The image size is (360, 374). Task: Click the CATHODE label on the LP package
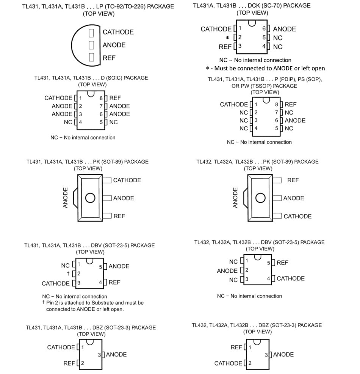pyautogui.click(x=118, y=32)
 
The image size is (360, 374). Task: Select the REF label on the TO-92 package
pyautogui.click(x=109, y=58)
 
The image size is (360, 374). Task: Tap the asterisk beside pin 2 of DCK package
pyautogui.click(x=227, y=38)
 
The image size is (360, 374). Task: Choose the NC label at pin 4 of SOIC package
pyautogui.click(x=68, y=122)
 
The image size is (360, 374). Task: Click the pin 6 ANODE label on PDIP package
pyautogui.click(x=295, y=120)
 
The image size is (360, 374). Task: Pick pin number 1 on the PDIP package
pyautogui.click(x=256, y=105)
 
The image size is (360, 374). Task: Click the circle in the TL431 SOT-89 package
pyautogui.click(x=90, y=198)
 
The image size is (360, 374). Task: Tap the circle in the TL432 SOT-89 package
pyautogui.click(x=260, y=198)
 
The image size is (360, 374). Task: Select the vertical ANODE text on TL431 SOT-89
pyautogui.click(x=66, y=197)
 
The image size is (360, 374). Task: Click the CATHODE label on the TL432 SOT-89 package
pyautogui.click(x=297, y=216)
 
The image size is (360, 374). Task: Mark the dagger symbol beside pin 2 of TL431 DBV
pyautogui.click(x=68, y=274)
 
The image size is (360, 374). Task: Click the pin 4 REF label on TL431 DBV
pyautogui.click(x=114, y=282)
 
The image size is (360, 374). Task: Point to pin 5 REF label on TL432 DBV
pyautogui.click(x=282, y=263)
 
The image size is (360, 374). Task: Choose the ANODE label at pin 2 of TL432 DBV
pyautogui.click(x=227, y=271)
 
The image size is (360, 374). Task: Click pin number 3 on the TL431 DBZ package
pyautogui.click(x=99, y=355)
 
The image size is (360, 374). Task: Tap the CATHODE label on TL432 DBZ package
pyautogui.click(x=228, y=363)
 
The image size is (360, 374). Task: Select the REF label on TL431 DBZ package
pyautogui.click(x=69, y=363)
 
